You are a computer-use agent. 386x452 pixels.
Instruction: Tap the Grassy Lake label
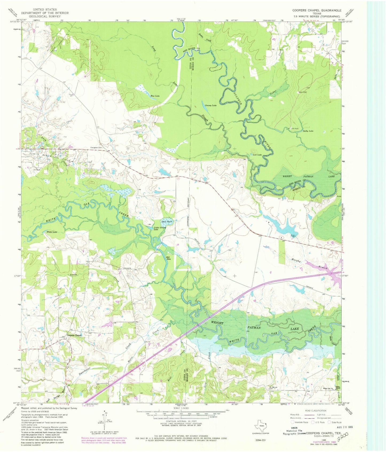[x=211, y=106]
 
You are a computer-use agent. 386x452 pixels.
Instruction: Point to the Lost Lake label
[x=257, y=155]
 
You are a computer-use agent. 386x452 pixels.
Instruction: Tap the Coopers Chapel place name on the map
[x=74, y=335]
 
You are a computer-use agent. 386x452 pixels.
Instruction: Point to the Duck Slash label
[x=167, y=221]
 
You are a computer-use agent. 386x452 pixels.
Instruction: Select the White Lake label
[x=52, y=232]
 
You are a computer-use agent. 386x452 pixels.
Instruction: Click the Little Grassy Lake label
[x=160, y=228]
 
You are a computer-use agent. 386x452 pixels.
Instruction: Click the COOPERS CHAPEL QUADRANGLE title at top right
[x=317, y=10]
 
